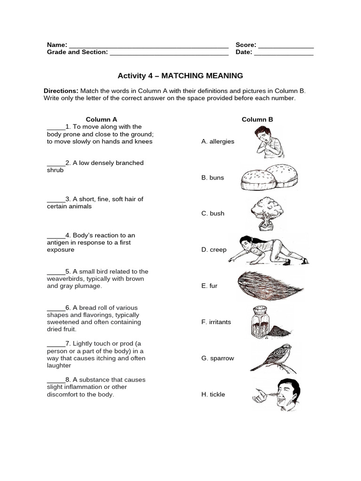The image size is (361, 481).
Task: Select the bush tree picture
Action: click(267, 214)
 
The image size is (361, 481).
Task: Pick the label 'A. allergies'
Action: click(218, 141)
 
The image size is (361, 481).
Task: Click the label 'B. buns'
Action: click(212, 178)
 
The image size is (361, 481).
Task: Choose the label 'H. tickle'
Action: click(213, 395)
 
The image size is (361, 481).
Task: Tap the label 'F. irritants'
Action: click(216, 322)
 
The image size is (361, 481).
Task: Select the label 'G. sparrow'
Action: click(218, 358)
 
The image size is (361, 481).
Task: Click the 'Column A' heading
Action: click(102, 119)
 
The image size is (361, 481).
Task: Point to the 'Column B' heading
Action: click(257, 119)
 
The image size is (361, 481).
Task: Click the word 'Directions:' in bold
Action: click(61, 91)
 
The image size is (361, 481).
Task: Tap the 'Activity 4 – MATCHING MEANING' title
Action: click(180, 76)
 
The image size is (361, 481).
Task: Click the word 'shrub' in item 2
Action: click(55, 170)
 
